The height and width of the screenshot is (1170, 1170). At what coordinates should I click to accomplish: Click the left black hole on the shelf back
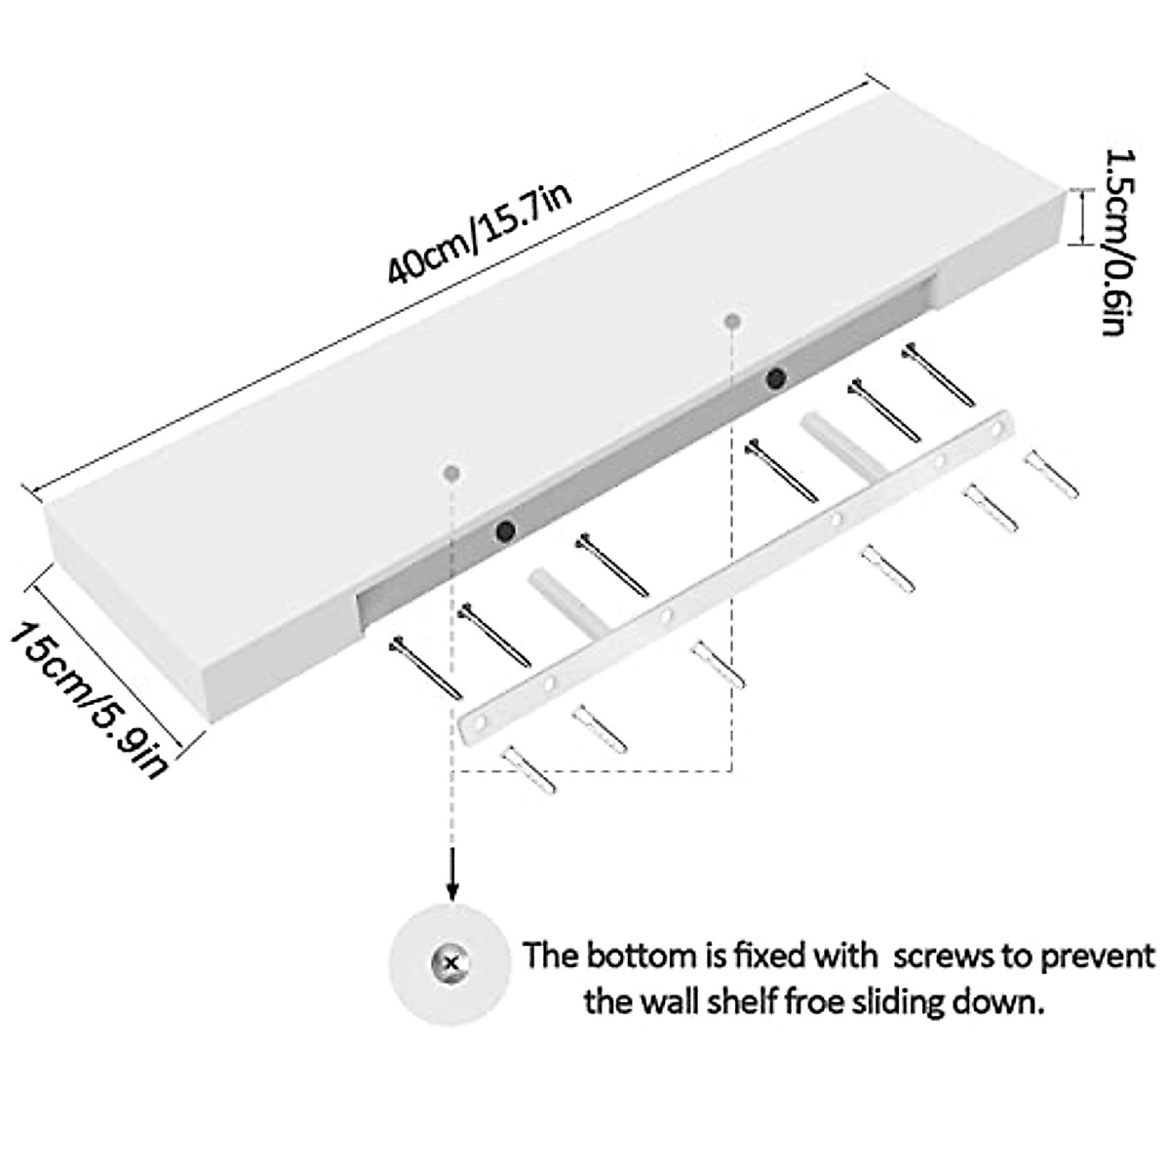[505, 531]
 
